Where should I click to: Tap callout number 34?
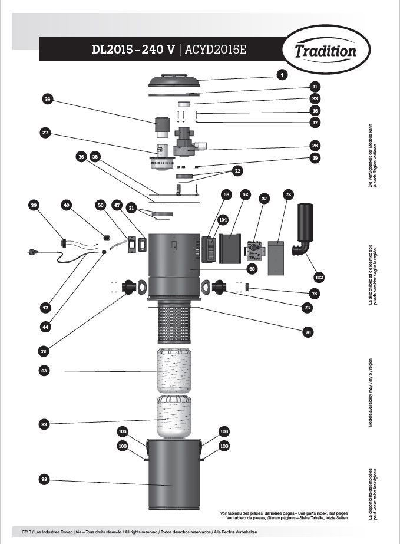[47, 100]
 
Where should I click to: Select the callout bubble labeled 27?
[45, 133]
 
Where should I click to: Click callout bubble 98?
[44, 480]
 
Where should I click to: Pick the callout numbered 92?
[44, 371]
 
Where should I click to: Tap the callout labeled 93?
[44, 424]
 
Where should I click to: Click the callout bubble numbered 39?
[34, 205]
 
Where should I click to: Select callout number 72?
[288, 194]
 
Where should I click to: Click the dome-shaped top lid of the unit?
[174, 81]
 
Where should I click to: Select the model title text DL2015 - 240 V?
[133, 50]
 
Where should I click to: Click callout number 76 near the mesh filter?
[308, 332]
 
